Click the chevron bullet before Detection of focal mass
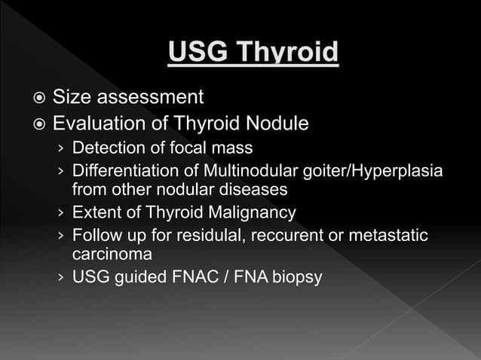point(61,147)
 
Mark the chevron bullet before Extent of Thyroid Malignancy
point(61,213)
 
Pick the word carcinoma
point(112,254)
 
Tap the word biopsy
point(296,278)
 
